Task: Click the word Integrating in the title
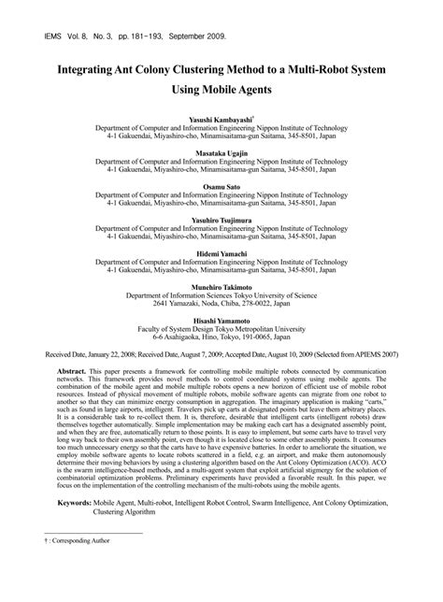click(98, 71)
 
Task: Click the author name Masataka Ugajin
click(221, 153)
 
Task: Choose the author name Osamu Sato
click(221, 186)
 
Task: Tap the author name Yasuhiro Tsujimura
click(221, 219)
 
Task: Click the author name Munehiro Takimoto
click(221, 286)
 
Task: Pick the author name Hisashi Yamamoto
click(221, 320)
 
